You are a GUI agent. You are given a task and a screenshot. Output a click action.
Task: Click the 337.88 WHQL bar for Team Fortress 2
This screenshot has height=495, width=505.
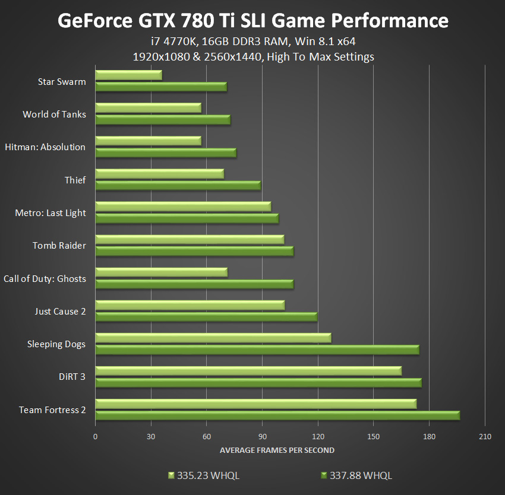pyautogui.click(x=277, y=415)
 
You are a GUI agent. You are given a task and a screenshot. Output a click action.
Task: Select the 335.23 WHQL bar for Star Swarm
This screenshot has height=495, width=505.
pyautogui.click(x=128, y=75)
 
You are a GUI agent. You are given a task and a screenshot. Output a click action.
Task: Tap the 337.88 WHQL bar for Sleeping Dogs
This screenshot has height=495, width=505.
pyautogui.click(x=257, y=350)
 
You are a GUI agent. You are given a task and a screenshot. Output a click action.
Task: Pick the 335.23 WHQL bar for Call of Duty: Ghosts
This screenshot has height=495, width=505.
pyautogui.click(x=161, y=272)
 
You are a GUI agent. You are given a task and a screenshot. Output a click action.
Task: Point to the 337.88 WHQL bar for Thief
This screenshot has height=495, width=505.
pyautogui.click(x=178, y=185)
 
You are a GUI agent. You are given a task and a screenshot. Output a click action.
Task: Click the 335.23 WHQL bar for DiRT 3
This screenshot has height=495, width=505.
pyautogui.click(x=248, y=371)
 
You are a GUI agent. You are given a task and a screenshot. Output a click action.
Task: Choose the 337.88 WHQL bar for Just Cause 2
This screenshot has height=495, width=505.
pyautogui.click(x=206, y=316)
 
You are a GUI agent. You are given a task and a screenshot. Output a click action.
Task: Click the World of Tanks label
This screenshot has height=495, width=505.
pyautogui.click(x=54, y=115)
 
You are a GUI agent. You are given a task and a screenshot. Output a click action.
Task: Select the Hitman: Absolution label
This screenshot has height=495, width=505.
pyautogui.click(x=45, y=147)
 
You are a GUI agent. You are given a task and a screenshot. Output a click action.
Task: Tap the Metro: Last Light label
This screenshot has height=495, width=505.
pyautogui.click(x=50, y=213)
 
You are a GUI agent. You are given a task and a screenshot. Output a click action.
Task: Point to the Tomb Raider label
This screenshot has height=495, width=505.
pyautogui.click(x=59, y=246)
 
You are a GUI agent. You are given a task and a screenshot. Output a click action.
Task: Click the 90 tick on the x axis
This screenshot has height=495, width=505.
pyautogui.click(x=262, y=437)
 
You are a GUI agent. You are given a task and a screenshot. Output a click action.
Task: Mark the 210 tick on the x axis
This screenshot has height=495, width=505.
pyautogui.click(x=485, y=437)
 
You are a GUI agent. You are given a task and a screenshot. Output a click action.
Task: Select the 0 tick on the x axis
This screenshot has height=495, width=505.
pyautogui.click(x=95, y=437)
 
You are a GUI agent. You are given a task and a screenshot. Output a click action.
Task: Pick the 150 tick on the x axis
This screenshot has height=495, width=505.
pyautogui.click(x=373, y=437)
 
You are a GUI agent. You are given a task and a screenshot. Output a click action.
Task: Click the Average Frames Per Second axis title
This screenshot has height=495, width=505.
pyautogui.click(x=277, y=450)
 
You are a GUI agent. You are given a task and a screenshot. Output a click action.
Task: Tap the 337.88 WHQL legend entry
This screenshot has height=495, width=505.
pyautogui.click(x=356, y=475)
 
